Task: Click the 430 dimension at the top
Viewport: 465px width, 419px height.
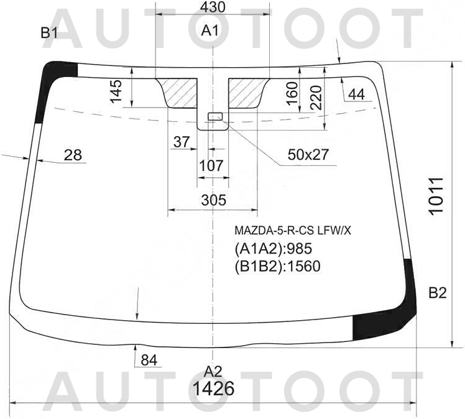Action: pyautogui.click(x=213, y=7)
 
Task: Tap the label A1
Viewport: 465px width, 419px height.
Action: pyautogui.click(x=211, y=32)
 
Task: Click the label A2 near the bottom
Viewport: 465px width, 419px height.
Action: pyautogui.click(x=213, y=372)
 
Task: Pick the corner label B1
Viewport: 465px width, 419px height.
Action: pyautogui.click(x=49, y=33)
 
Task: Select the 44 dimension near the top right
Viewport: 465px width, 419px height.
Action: pyautogui.click(x=356, y=94)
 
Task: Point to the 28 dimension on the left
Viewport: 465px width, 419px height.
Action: pyautogui.click(x=73, y=155)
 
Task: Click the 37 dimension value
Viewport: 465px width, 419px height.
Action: pyautogui.click(x=182, y=142)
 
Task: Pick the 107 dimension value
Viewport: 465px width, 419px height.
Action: pyautogui.click(x=211, y=166)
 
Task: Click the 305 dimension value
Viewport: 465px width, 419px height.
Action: pyautogui.click(x=213, y=200)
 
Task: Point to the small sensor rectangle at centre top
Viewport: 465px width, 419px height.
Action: pyautogui.click(x=214, y=116)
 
